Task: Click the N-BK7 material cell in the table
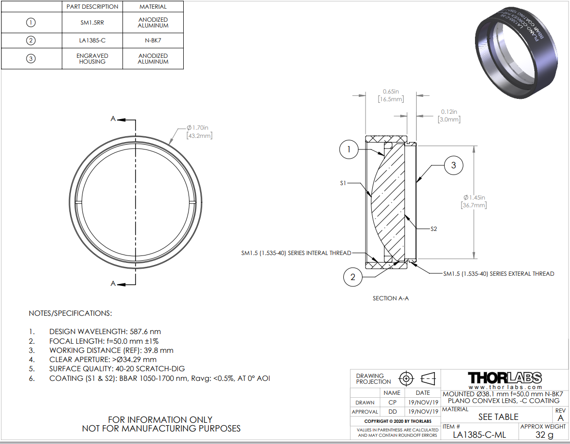coord(153,40)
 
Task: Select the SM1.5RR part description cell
coord(92,22)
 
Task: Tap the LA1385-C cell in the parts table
coord(92,40)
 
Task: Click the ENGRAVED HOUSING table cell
coord(92,58)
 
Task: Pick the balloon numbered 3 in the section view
coord(453,165)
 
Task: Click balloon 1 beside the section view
coord(349,150)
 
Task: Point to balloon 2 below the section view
coord(353,277)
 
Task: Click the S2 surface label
coord(434,229)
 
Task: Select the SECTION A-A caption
coord(391,298)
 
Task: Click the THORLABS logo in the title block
coord(505,377)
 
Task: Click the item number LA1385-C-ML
coord(480,434)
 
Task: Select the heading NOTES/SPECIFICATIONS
coord(70,313)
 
